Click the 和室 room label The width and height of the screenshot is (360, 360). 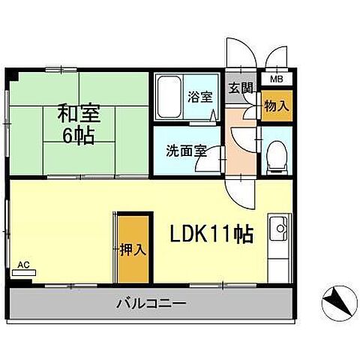click(x=78, y=115)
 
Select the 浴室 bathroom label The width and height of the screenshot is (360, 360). click(x=199, y=97)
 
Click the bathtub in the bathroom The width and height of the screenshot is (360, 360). click(x=169, y=97)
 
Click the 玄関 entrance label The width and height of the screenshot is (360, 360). click(x=240, y=88)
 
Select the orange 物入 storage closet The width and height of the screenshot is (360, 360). click(x=275, y=105)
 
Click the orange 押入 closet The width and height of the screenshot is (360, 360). click(x=132, y=249)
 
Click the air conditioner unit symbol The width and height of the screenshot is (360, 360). click(x=23, y=274)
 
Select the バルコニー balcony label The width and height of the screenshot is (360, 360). click(x=151, y=304)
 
